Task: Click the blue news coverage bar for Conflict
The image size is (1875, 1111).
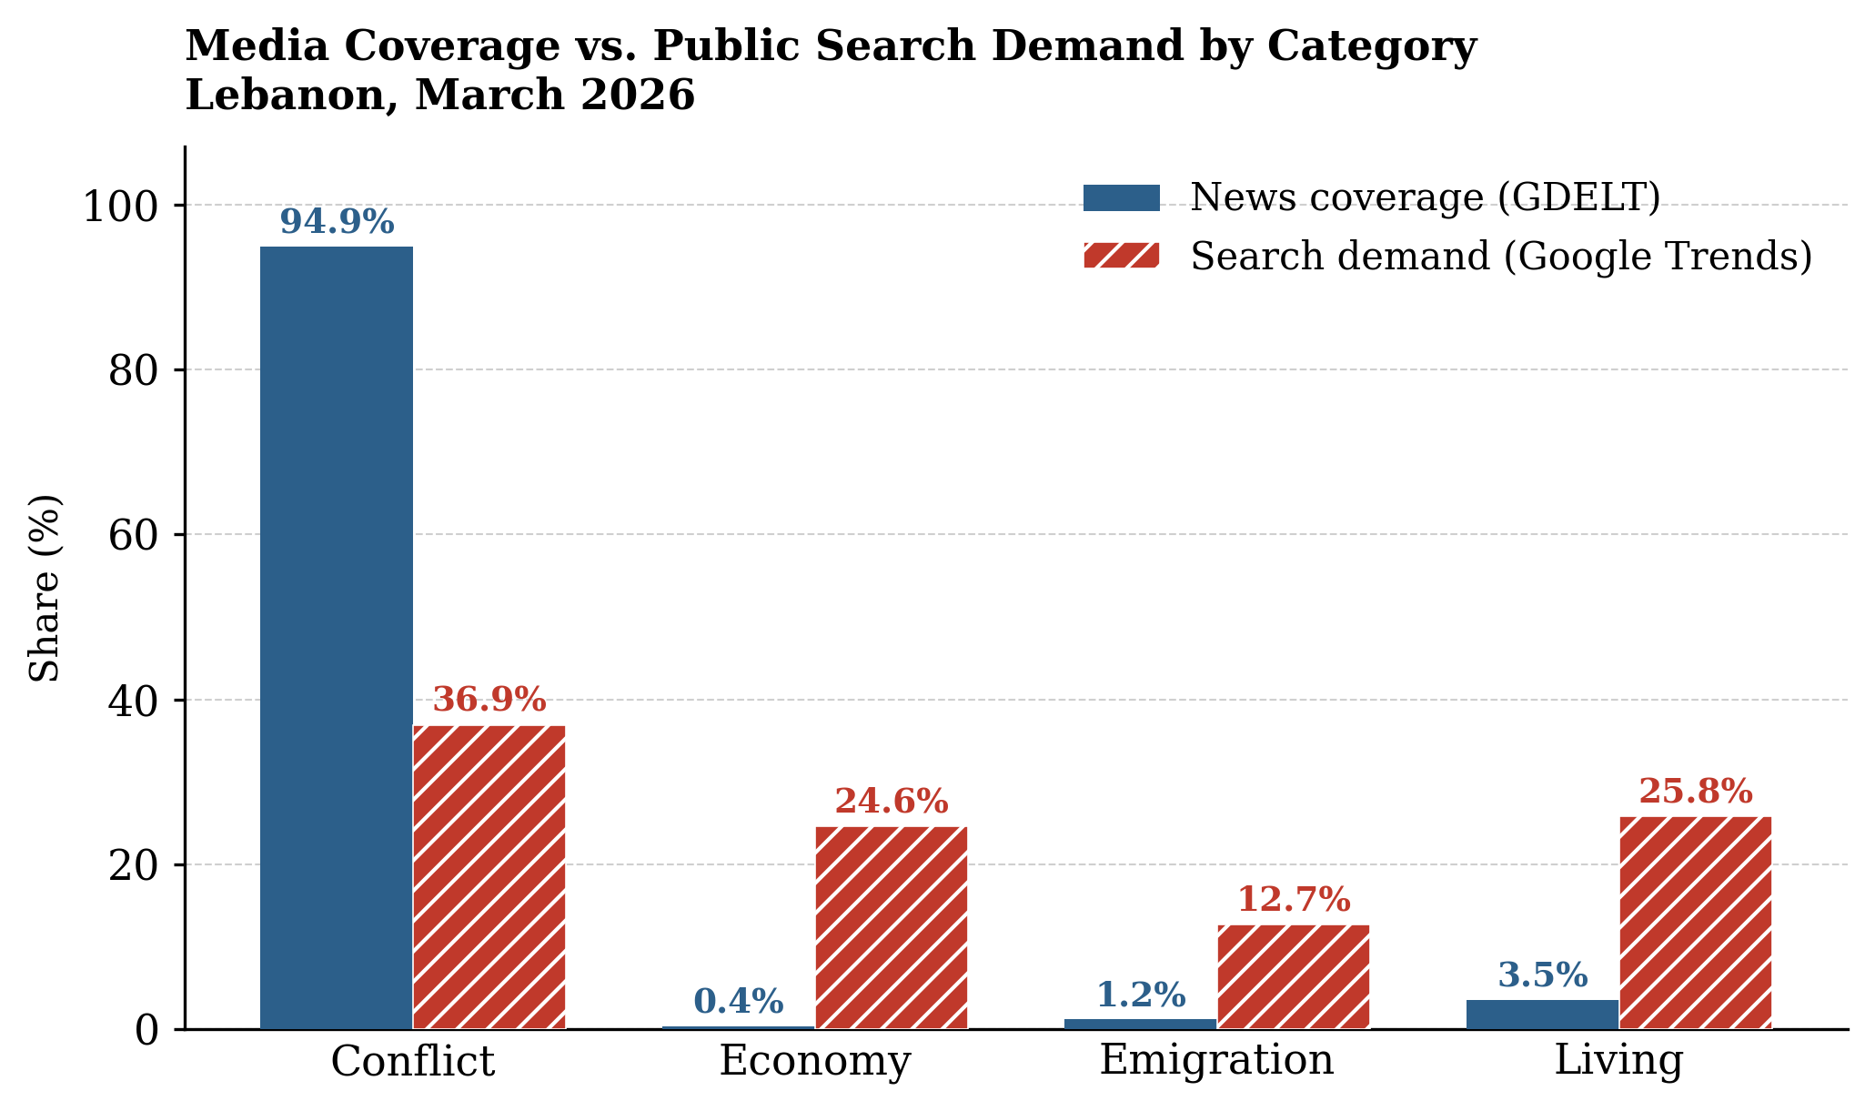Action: (336, 637)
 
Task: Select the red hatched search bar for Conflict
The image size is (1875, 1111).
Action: (489, 877)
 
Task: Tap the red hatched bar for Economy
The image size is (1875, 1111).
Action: (891, 927)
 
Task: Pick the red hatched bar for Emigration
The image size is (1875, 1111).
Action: (1293, 976)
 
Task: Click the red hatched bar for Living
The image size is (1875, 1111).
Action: (1695, 923)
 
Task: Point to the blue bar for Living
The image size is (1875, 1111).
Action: (1542, 1015)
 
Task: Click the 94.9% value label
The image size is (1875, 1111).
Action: (337, 223)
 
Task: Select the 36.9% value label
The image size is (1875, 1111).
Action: (489, 701)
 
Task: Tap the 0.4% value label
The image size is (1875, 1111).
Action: (738, 1003)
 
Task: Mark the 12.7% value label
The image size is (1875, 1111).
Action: (1293, 901)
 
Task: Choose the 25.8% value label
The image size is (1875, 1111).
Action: (1695, 793)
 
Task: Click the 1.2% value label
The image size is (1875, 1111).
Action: (1140, 995)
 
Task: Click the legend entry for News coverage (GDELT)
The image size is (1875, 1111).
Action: (1425, 197)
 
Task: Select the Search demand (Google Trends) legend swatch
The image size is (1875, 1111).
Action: (1121, 256)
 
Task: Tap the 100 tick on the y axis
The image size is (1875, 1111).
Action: (121, 207)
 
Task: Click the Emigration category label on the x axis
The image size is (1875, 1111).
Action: (1216, 1061)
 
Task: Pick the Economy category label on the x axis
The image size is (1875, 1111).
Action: (814, 1062)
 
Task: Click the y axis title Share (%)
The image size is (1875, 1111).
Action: (44, 588)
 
